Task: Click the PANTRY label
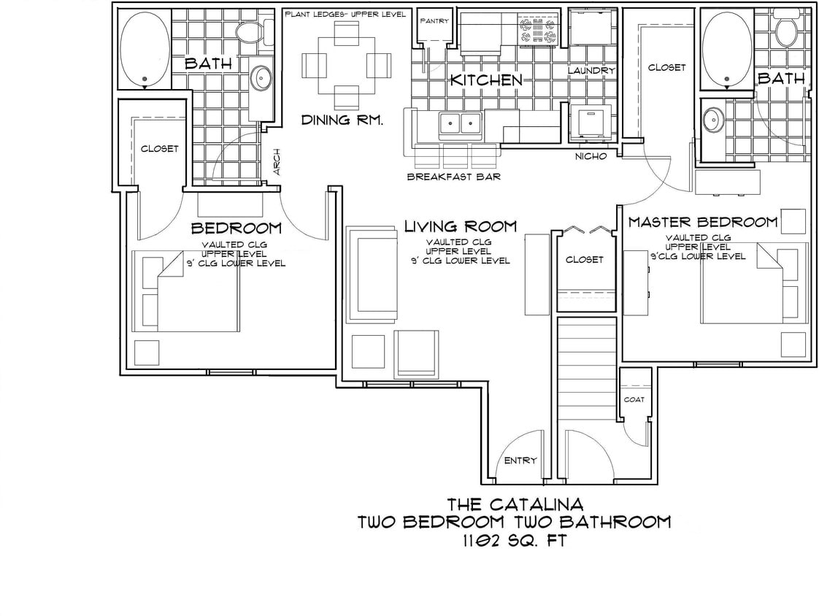(434, 21)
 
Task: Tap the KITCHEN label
(485, 80)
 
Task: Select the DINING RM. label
(342, 120)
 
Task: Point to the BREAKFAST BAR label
(453, 177)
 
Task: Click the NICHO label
(591, 156)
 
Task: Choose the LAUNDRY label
(591, 71)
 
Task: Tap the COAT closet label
(633, 399)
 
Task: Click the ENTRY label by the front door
(520, 461)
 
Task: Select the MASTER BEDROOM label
(703, 222)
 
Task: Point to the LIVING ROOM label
(460, 227)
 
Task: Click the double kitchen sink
(460, 125)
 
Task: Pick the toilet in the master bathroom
(787, 31)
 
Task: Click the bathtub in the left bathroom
(145, 50)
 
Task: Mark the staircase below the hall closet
(588, 372)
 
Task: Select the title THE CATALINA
(515, 504)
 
